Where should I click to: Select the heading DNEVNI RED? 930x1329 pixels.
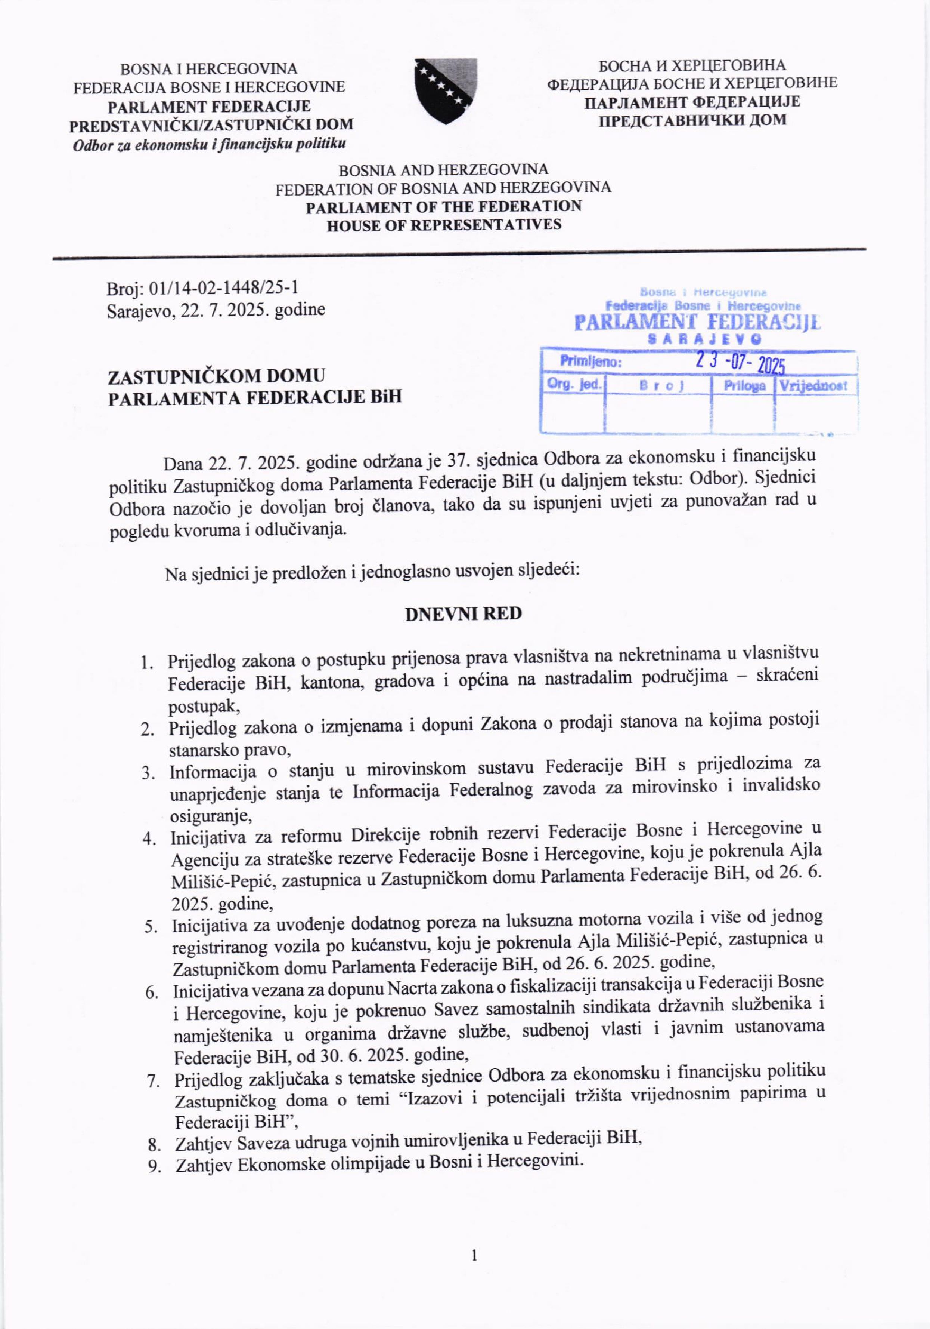(x=463, y=613)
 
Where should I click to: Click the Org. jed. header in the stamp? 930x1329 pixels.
(x=574, y=384)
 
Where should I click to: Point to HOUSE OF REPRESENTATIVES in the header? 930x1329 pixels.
(x=444, y=225)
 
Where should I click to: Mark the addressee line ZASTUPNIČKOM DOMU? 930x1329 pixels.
(x=217, y=376)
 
